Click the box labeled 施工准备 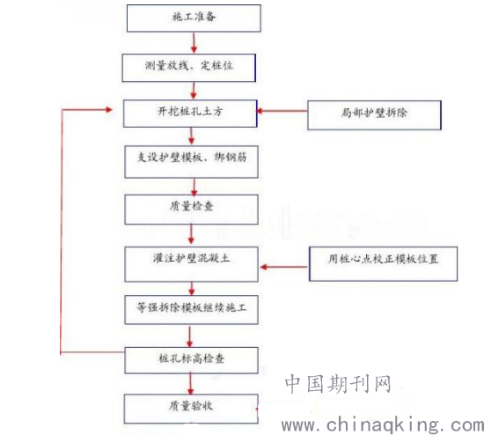click(x=194, y=18)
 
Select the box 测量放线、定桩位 click(x=189, y=68)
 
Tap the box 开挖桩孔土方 click(x=190, y=114)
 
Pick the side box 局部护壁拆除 click(x=374, y=115)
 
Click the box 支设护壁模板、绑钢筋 click(x=191, y=162)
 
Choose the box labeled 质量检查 click(x=191, y=210)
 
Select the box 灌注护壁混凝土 click(x=191, y=264)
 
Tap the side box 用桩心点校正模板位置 click(x=383, y=263)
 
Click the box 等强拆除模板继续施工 click(x=191, y=310)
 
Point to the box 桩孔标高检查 click(x=191, y=360)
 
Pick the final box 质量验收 click(x=191, y=409)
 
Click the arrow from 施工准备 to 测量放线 click(x=194, y=43)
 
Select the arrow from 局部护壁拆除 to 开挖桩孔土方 click(x=282, y=111)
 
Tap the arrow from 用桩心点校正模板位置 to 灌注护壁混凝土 click(x=284, y=267)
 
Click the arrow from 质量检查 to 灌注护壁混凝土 click(x=191, y=234)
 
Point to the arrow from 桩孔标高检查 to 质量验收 click(x=190, y=384)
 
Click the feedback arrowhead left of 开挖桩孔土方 click(x=108, y=109)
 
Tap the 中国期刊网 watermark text click(x=338, y=384)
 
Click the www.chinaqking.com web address click(x=383, y=424)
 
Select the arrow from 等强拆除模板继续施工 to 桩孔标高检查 click(x=189, y=336)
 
